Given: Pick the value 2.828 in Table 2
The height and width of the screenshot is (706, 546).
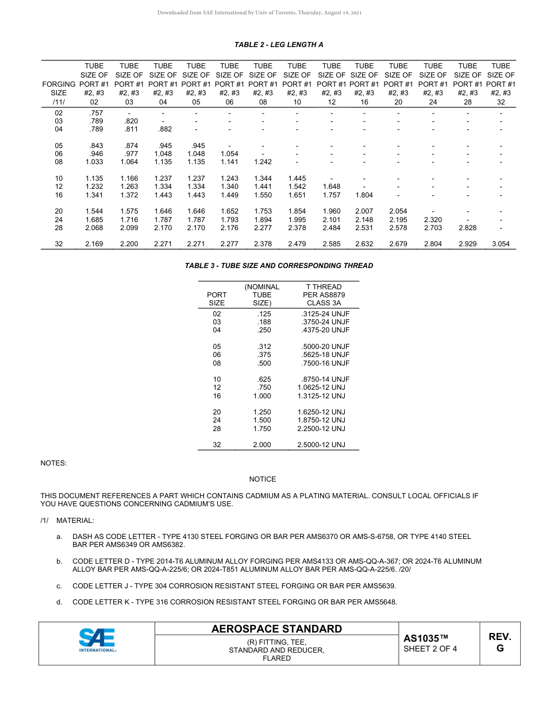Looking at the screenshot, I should click(467, 228).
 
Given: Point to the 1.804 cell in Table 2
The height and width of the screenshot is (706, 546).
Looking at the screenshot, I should click(364, 195).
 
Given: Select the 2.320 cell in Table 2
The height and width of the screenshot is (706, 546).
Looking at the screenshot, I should click(433, 220).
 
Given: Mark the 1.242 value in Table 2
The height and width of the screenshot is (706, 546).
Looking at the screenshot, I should click(263, 162).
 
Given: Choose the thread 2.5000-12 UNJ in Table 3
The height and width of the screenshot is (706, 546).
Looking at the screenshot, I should click(321, 445).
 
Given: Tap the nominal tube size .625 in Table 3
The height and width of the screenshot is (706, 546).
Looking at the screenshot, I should click(264, 379).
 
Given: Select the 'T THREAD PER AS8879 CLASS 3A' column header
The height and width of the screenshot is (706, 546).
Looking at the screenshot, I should click(324, 294).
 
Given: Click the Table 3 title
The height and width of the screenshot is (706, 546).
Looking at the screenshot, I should click(278, 266).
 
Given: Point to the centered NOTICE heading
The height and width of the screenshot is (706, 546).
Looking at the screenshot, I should click(262, 479).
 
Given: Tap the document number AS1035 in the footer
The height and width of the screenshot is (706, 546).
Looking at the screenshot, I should click(425, 638).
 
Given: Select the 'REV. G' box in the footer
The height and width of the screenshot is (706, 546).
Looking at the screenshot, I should click(499, 642).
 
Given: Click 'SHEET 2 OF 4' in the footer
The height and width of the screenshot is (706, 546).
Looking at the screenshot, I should click(430, 649).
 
